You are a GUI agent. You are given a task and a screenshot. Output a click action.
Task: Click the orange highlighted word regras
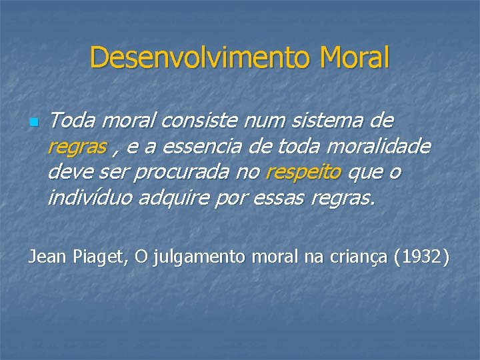[x=77, y=147]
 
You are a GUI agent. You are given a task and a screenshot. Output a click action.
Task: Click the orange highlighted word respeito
[x=303, y=172]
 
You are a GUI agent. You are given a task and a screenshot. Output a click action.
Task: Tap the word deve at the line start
[x=71, y=172]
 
